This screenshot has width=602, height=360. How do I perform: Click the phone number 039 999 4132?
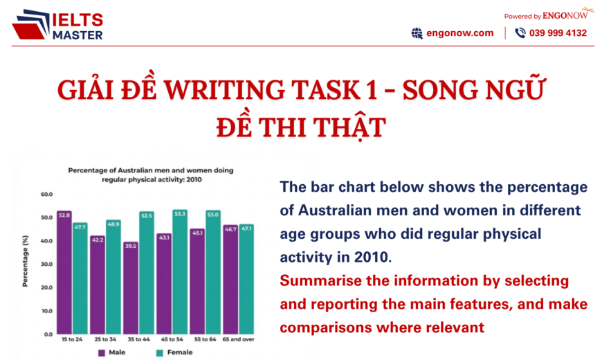[558, 33]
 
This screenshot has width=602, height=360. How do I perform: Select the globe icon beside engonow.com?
[417, 33]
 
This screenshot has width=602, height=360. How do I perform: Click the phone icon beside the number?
[520, 33]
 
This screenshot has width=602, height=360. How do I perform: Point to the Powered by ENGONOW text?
[547, 14]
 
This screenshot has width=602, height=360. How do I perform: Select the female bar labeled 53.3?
[180, 271]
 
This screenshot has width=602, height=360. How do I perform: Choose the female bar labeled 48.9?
[113, 276]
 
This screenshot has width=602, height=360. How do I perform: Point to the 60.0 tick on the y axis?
[46, 195]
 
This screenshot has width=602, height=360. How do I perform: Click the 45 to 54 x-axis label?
[172, 340]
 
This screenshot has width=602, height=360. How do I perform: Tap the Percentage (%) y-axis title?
[26, 264]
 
